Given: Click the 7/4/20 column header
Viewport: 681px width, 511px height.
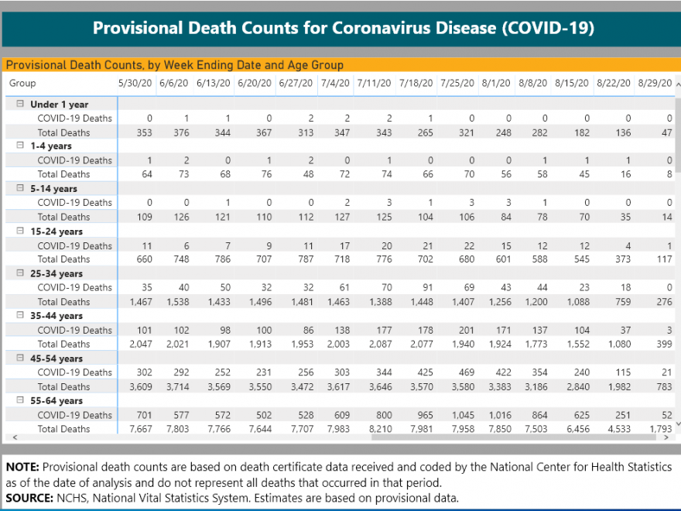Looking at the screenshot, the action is [x=335, y=83].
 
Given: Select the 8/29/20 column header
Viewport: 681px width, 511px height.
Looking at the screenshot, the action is [x=655, y=83].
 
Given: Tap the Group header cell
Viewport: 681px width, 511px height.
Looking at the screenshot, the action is [x=22, y=83].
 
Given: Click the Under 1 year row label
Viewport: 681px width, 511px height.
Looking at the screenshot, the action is [x=59, y=105].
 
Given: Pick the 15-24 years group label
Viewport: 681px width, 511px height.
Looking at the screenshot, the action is [x=56, y=231].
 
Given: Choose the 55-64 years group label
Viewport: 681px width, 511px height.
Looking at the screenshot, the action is [x=56, y=400].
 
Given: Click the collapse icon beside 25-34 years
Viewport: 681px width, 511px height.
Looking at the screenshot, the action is [x=20, y=273].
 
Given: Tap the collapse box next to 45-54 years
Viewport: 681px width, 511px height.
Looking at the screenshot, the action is [x=20, y=358].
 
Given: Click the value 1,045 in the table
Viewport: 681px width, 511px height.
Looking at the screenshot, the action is [x=463, y=415].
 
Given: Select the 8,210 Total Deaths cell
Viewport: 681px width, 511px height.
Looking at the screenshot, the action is [x=381, y=429].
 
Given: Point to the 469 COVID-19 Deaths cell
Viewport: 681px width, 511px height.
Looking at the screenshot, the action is [x=466, y=372].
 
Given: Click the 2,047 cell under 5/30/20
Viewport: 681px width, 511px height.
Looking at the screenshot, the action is [x=141, y=344].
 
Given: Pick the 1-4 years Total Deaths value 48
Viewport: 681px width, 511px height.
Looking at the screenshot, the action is [x=308, y=174].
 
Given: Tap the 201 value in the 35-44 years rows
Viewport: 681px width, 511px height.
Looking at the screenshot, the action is [x=467, y=331].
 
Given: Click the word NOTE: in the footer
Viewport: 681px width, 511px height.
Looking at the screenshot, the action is [x=22, y=467].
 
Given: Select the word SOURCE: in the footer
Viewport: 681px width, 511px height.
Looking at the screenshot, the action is [x=29, y=498].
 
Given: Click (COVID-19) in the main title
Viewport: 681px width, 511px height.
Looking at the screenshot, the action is [x=548, y=28].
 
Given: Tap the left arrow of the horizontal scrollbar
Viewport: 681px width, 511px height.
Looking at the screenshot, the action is [x=15, y=437].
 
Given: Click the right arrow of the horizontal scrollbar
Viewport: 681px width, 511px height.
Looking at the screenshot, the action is [x=666, y=437].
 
